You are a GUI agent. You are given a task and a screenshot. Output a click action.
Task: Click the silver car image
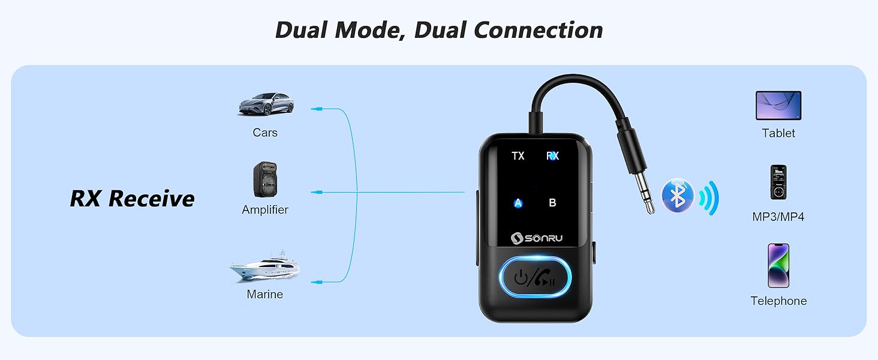tap(266, 104)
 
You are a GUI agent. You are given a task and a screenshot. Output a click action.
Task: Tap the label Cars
tap(265, 133)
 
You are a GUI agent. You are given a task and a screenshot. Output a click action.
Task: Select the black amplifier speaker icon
tap(265, 179)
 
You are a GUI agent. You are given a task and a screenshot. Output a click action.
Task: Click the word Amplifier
tap(265, 210)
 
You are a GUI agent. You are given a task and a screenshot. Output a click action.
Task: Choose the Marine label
tap(265, 294)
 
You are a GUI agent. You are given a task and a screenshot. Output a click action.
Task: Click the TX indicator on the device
tap(518, 155)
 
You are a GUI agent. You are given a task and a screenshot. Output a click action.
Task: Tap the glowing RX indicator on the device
tap(553, 155)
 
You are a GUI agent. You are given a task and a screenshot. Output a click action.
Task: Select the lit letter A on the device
tap(518, 203)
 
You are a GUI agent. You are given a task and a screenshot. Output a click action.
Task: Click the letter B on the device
tap(553, 202)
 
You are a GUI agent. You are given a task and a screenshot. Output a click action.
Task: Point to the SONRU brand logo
tap(537, 238)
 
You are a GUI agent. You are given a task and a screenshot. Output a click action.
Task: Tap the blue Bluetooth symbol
tap(678, 196)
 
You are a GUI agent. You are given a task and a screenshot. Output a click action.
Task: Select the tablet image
tap(778, 106)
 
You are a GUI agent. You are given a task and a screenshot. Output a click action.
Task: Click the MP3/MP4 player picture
tap(778, 182)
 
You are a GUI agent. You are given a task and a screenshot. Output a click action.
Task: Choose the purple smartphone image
tap(778, 266)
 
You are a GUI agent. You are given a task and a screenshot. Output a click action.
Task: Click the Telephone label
tap(778, 301)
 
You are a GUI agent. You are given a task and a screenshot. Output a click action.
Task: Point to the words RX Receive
tap(132, 199)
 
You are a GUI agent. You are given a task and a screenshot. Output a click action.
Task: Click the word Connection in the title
tap(538, 30)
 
